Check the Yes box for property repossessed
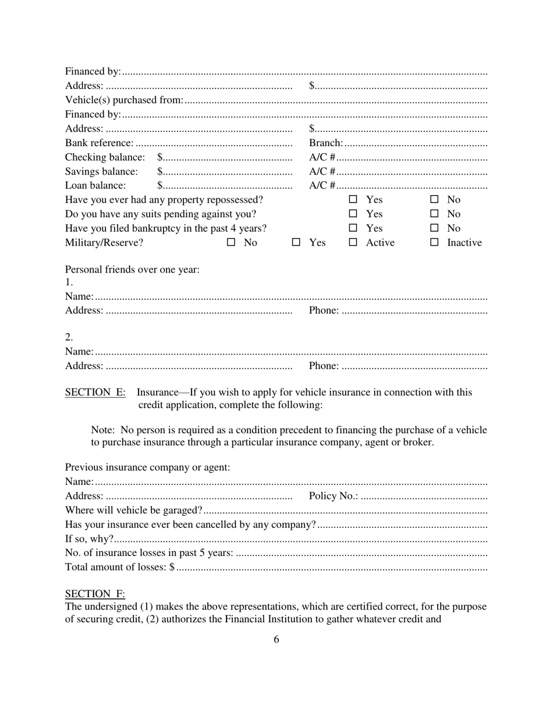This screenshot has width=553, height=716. point(353,200)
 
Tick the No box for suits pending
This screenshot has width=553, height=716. point(434,214)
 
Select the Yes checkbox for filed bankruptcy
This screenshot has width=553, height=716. point(353,228)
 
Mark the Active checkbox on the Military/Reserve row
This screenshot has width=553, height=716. point(353,243)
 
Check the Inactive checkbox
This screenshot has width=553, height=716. point(434,243)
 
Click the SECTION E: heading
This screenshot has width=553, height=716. point(95,392)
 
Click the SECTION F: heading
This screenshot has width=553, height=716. point(95,594)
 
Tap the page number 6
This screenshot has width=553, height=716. point(276,639)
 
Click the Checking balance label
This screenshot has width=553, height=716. point(105,157)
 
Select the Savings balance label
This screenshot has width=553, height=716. point(101,172)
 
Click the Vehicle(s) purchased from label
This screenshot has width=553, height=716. point(124,100)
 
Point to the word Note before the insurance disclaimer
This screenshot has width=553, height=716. point(102,430)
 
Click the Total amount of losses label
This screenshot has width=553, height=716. point(116,567)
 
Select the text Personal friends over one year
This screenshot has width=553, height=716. point(132,270)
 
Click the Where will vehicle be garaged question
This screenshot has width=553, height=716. point(133,511)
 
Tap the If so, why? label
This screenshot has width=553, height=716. point(89,538)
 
